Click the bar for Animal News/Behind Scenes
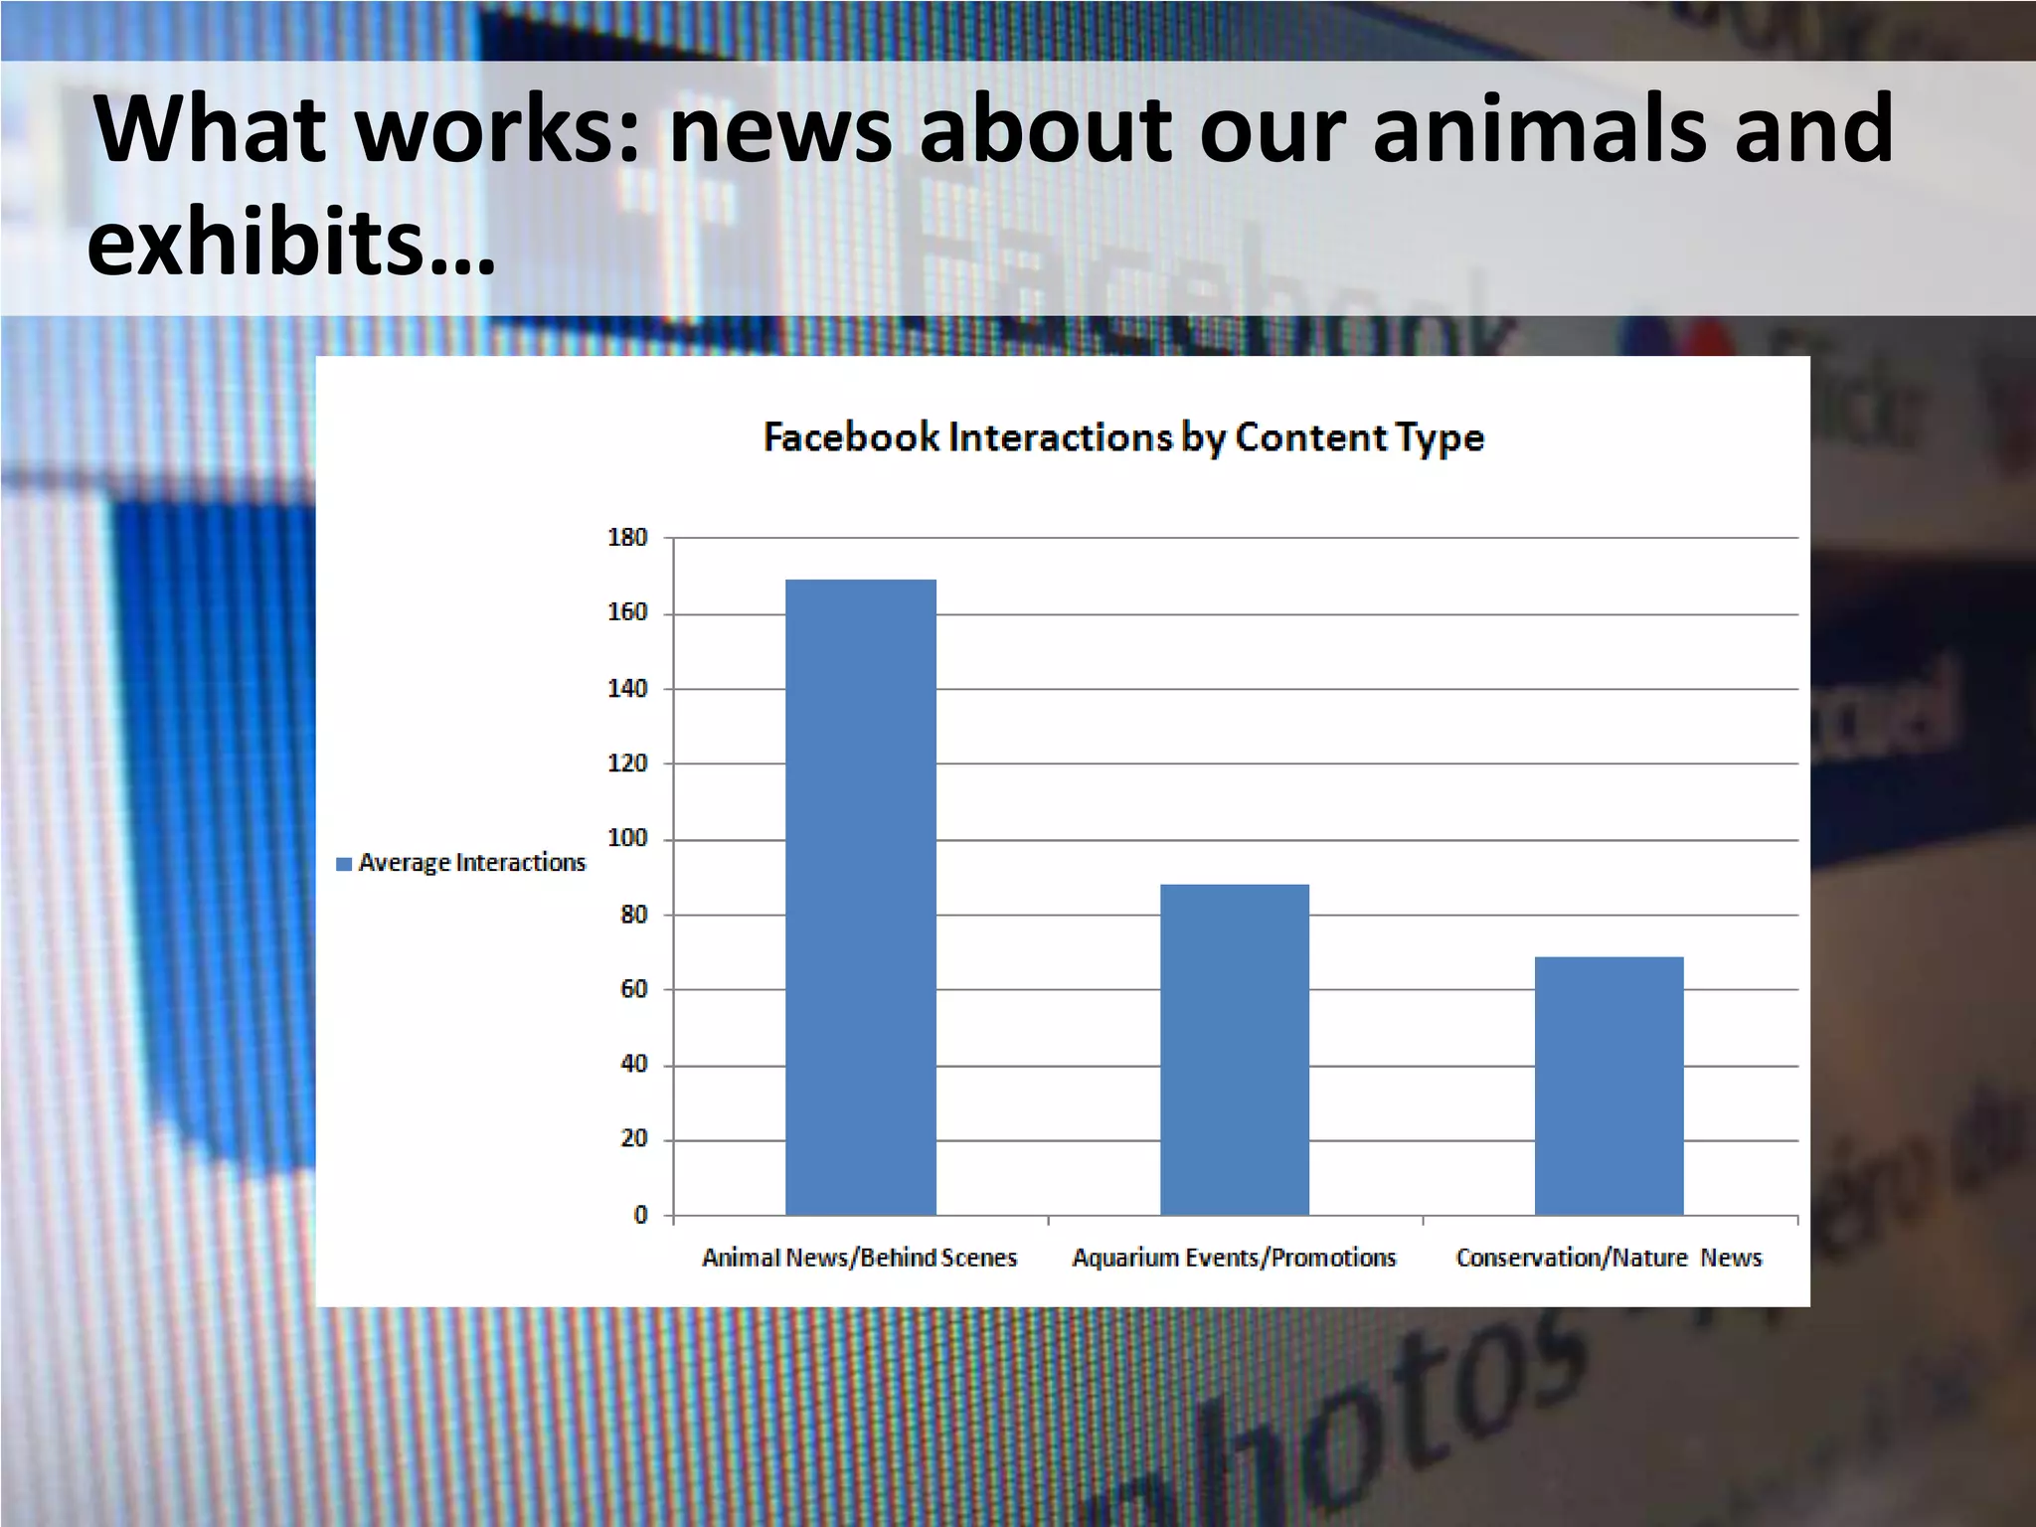coord(860,896)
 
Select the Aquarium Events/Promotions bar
coord(1234,1049)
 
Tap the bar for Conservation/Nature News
coord(1609,1085)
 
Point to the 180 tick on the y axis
coord(627,538)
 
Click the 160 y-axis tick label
coord(627,612)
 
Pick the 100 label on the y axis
coord(627,838)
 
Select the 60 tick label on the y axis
coord(633,989)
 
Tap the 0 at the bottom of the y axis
coord(640,1214)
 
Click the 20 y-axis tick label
coord(633,1138)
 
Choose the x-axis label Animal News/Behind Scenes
coord(860,1258)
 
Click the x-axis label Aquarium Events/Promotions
coord(1234,1258)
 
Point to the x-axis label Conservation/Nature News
coord(1609,1258)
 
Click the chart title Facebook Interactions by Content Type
coord(1123,437)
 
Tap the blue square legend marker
coord(344,864)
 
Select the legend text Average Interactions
coord(472,863)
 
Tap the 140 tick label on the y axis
coord(627,688)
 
